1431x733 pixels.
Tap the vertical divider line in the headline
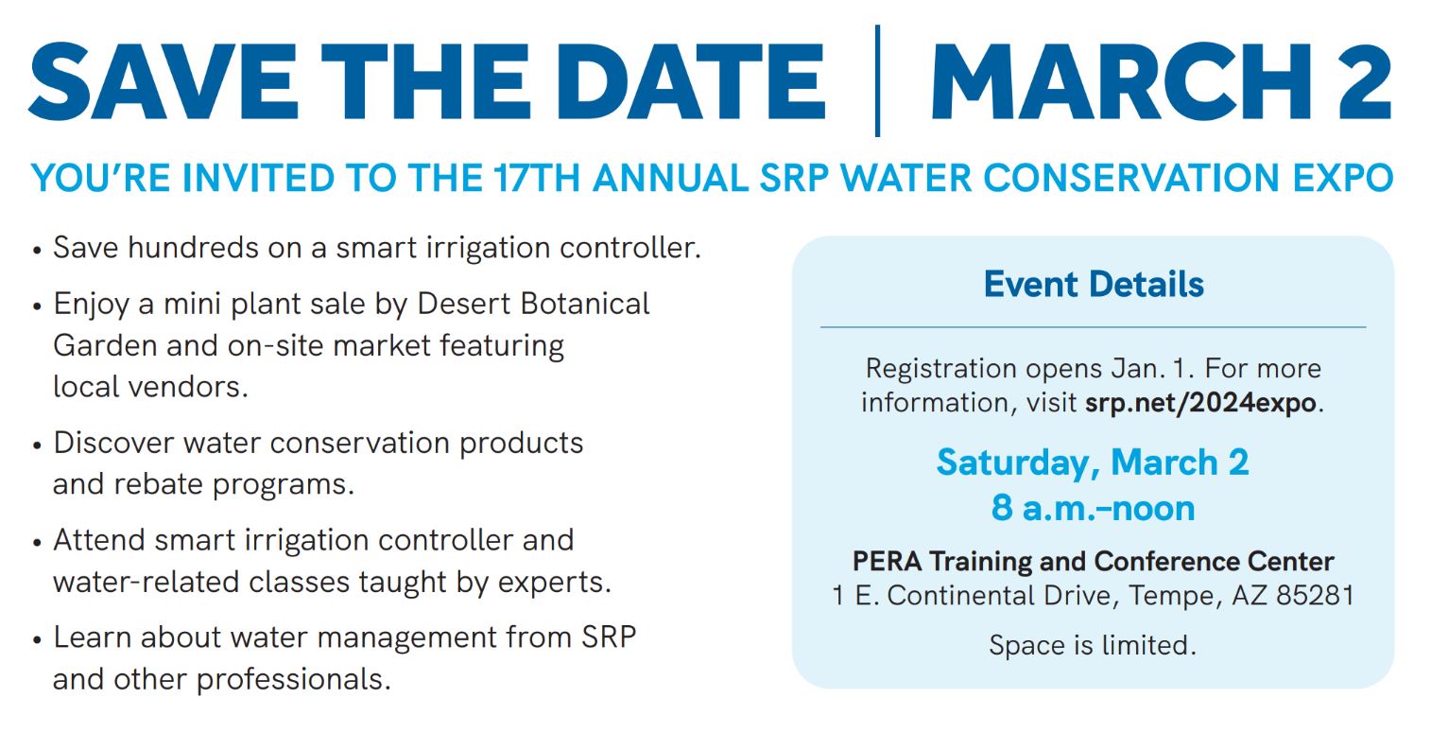pyautogui.click(x=878, y=80)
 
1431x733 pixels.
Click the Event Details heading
pyautogui.click(x=1094, y=285)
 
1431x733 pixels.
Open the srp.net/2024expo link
pyautogui.click(x=1200, y=403)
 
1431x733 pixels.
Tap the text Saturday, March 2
pyautogui.click(x=1093, y=462)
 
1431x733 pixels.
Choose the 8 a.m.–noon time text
pyautogui.click(x=1093, y=509)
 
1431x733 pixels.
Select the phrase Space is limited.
pyautogui.click(x=1093, y=645)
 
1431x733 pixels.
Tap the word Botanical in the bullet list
pyautogui.click(x=585, y=304)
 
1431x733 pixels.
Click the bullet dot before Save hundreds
pyautogui.click(x=37, y=250)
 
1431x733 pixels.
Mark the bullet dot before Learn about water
pyautogui.click(x=37, y=639)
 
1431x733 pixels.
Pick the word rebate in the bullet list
pyautogui.click(x=159, y=484)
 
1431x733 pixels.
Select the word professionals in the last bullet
pyautogui.click(x=294, y=680)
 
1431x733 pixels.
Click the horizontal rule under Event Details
pyautogui.click(x=1093, y=327)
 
